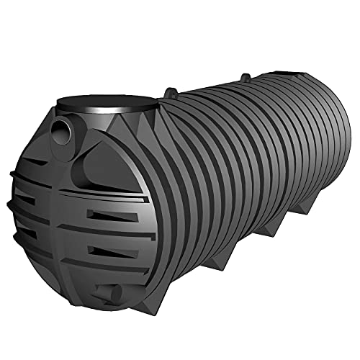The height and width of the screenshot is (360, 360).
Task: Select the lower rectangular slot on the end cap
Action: tap(107, 251)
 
